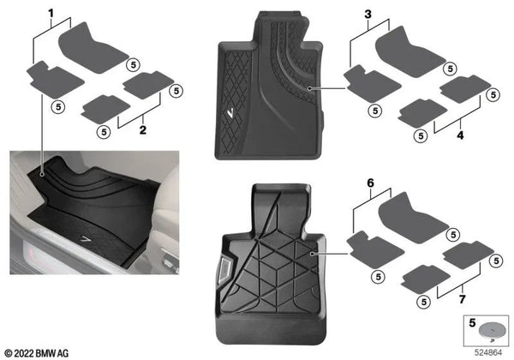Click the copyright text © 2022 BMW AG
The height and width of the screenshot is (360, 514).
42,351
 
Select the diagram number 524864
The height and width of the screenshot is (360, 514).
490,351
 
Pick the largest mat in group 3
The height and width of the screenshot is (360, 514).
410,51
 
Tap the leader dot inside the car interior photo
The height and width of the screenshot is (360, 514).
40,171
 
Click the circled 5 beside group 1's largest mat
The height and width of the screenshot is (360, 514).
133,64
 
